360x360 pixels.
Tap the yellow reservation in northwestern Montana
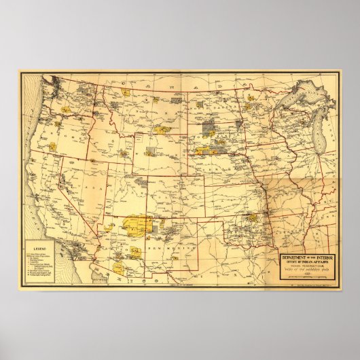point(126,90)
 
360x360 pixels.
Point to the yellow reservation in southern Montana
point(163,128)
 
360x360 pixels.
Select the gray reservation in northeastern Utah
point(139,182)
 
